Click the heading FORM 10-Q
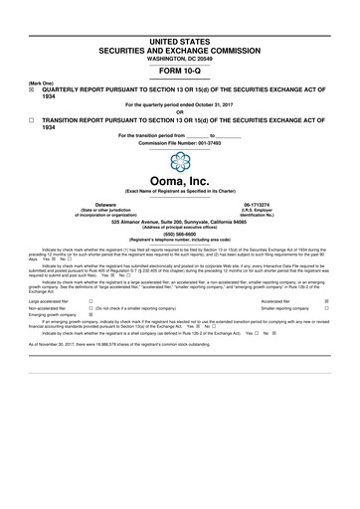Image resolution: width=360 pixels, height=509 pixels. click(x=180, y=73)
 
